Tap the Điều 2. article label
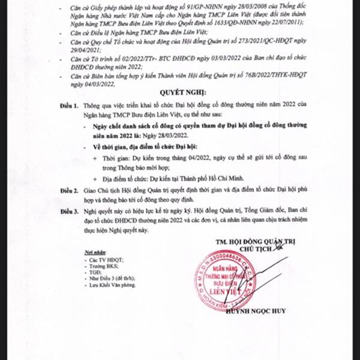click(x=68, y=190)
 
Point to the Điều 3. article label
click(x=68, y=211)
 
